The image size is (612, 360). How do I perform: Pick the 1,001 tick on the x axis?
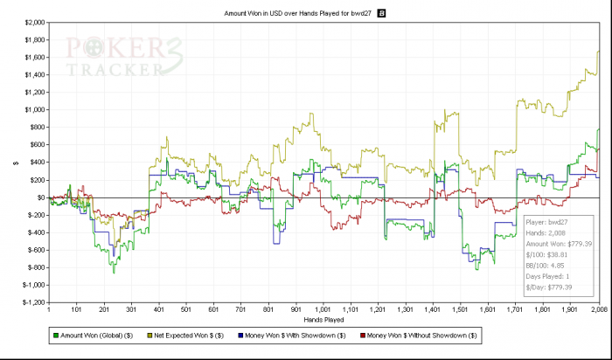pos(323,309)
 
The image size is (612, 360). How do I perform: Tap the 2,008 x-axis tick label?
pos(598,309)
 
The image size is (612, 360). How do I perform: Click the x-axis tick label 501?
pos(186,309)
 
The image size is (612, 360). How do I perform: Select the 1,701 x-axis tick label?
pos(516,309)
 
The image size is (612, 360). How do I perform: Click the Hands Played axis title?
pos(324,319)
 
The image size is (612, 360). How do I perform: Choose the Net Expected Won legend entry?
pos(205,336)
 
